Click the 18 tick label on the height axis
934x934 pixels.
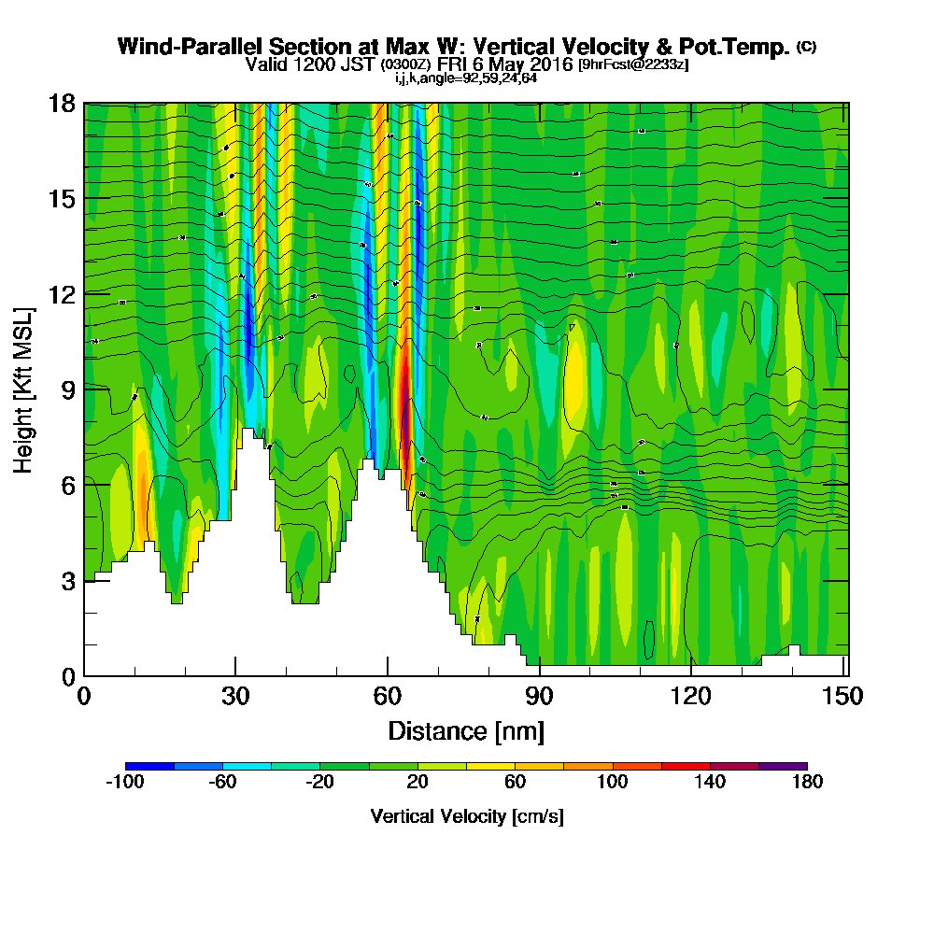63,103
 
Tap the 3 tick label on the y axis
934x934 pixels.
68,580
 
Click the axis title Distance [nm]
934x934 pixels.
466,729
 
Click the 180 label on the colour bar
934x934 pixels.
807,782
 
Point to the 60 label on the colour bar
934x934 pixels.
515,782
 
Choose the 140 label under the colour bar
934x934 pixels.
710,782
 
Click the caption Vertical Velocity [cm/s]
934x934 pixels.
466,816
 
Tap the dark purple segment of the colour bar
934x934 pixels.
783,766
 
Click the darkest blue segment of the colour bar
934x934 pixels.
149,766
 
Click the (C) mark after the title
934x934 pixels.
806,47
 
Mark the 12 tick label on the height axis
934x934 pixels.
63,293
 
